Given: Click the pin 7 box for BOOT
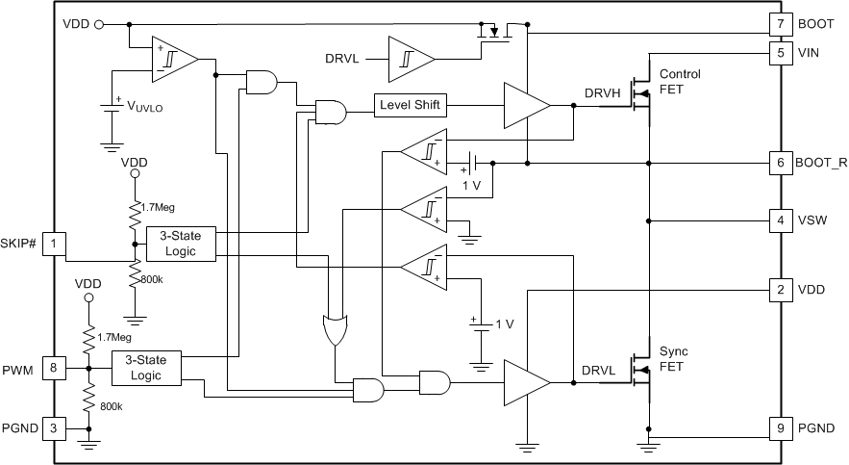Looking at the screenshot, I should [x=780, y=22].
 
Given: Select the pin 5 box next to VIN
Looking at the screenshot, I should [x=780, y=54].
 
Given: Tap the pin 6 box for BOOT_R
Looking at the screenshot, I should [x=780, y=164].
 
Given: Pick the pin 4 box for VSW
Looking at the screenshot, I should [x=780, y=220].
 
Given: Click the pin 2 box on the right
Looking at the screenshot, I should [x=780, y=288].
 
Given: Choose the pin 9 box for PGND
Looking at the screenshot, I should [x=780, y=427].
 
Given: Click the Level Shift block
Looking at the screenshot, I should [x=411, y=104].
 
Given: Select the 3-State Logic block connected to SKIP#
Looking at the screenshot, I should [x=180, y=244].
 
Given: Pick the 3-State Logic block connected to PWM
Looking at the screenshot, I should [x=146, y=367].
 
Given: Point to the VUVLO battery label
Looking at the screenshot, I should [x=145, y=107].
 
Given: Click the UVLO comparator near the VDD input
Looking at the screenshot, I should [x=174, y=61].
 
